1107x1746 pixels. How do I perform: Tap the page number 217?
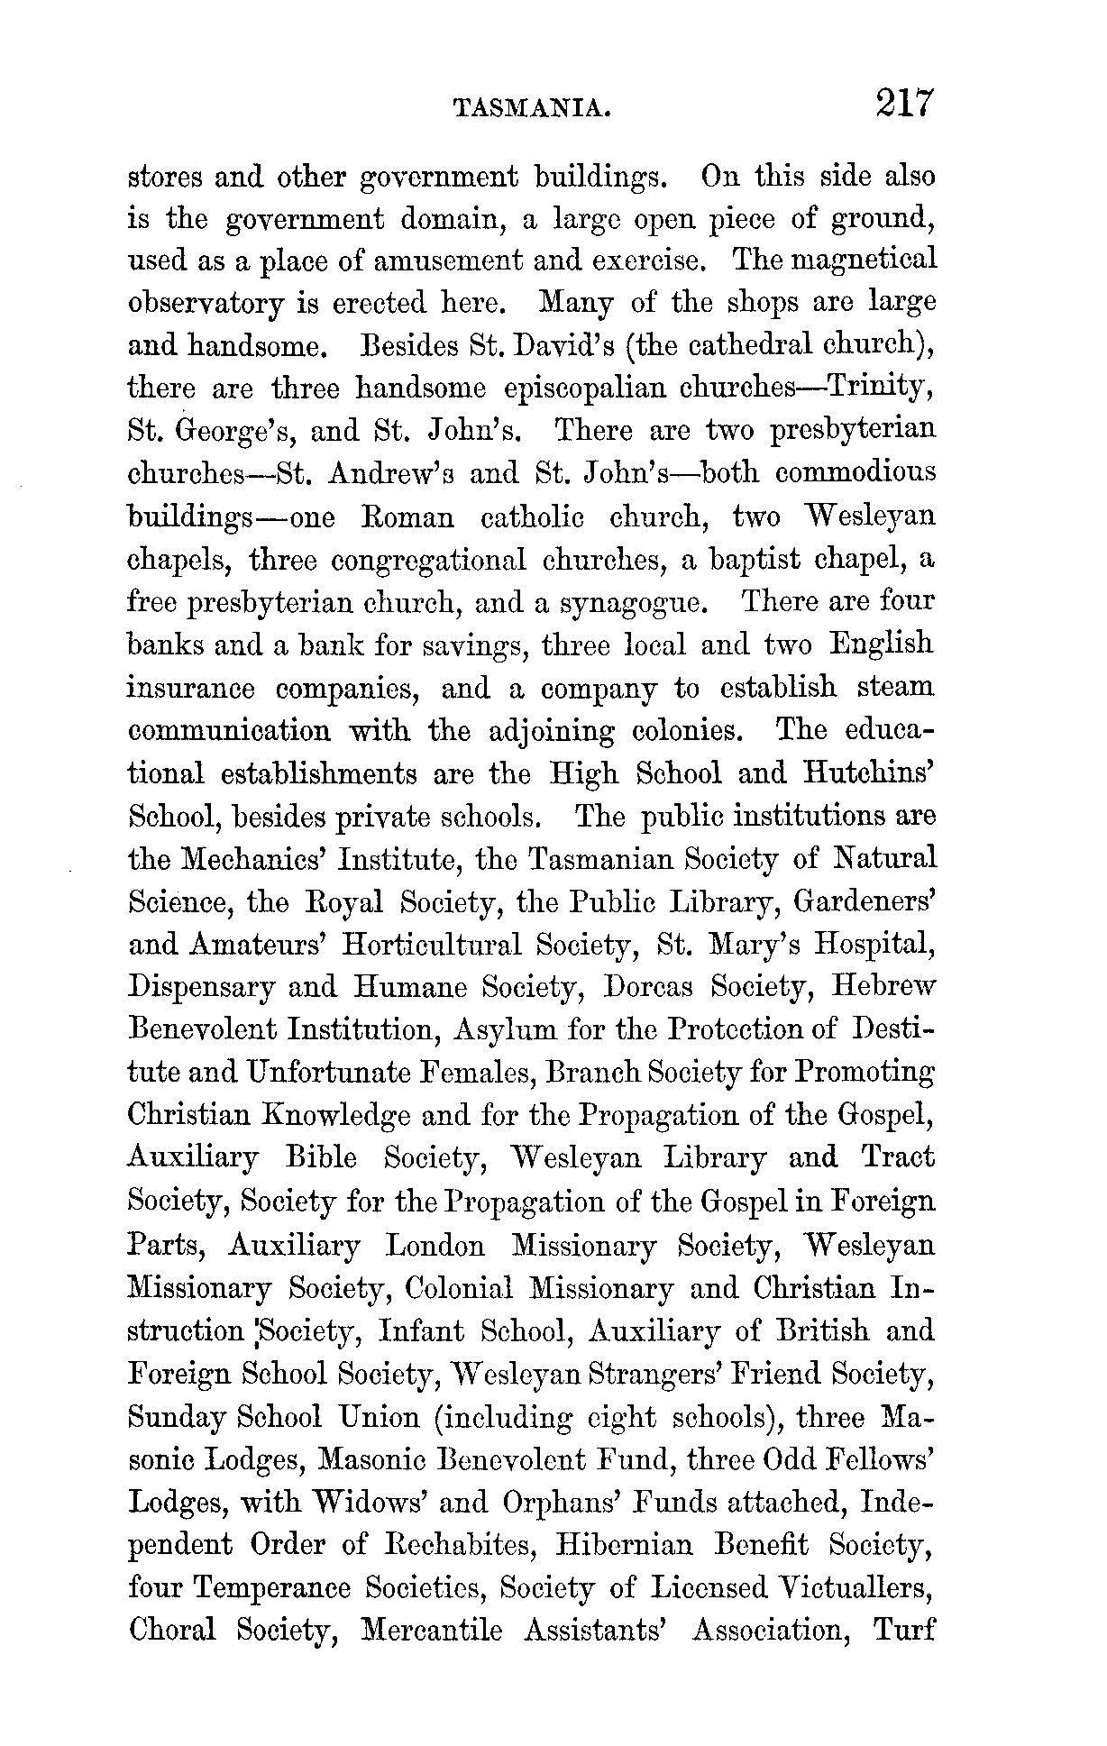(902, 103)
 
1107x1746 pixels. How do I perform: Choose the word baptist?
(762, 559)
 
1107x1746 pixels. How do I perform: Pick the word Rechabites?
(461, 1544)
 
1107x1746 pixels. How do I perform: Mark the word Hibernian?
(625, 1544)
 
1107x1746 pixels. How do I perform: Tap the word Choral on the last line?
(173, 1631)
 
